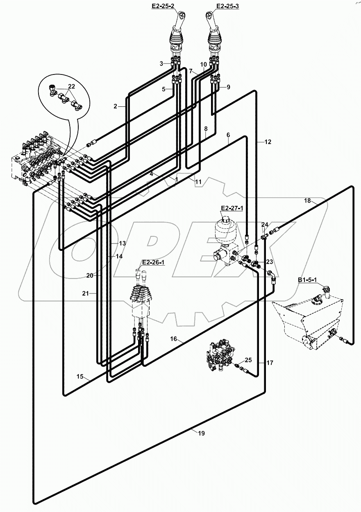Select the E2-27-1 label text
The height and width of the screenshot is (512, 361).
click(x=232, y=208)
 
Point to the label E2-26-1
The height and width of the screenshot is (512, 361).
click(x=153, y=262)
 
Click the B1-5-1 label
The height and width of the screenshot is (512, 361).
click(x=308, y=281)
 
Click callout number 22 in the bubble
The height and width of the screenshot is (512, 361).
click(x=71, y=86)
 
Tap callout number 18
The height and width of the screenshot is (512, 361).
click(x=307, y=201)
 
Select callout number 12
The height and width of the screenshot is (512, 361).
click(x=268, y=142)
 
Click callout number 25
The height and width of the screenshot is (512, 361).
click(x=248, y=360)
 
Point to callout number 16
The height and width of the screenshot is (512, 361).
click(x=174, y=338)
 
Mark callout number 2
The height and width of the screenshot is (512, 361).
click(x=116, y=106)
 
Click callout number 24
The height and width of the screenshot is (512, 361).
click(x=265, y=225)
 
